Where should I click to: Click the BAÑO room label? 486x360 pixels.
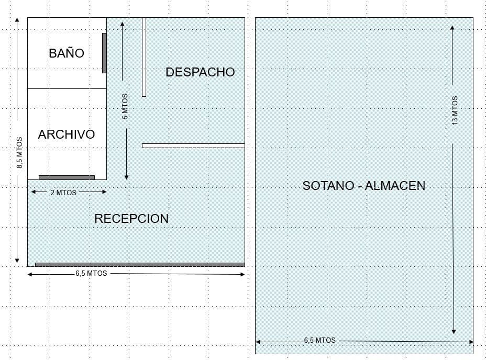67,53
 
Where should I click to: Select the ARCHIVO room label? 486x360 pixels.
67,134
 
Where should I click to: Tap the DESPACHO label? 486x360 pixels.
200,72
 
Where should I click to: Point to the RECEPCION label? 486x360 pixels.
131,219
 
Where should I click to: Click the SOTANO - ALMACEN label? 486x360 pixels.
363,185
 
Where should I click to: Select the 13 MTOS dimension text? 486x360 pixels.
455,110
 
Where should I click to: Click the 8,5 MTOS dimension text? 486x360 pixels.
19,152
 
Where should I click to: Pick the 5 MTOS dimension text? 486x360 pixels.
125,110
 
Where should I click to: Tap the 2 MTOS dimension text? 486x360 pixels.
63,193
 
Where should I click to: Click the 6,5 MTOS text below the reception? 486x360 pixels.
91,274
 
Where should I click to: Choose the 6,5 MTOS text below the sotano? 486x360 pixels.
319,340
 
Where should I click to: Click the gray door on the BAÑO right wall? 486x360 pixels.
104,53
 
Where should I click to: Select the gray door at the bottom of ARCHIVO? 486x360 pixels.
67,177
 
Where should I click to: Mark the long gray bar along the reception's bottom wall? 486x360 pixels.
140,264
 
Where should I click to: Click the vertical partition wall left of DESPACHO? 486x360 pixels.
144,57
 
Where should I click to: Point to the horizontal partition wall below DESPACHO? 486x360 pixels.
193,145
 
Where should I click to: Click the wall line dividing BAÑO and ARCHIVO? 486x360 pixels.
67,88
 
